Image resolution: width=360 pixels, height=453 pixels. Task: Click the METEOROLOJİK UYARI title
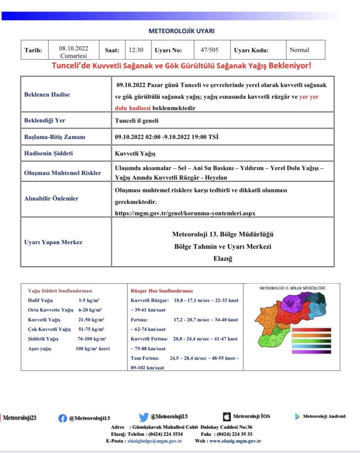coord(181,31)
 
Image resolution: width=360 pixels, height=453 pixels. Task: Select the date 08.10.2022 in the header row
coord(74,49)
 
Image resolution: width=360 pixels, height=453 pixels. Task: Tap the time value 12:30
coord(136,50)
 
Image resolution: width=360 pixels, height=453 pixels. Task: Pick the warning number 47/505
coord(209,50)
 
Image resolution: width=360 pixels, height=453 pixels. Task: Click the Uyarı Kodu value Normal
coord(299,50)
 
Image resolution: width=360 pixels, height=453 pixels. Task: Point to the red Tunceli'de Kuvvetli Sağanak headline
coord(182,66)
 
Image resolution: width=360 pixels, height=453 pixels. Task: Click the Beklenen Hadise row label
coord(47,94)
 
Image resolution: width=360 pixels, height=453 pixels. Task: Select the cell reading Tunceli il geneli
coord(136,120)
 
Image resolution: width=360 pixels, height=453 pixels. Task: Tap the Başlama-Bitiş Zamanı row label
coord(54,137)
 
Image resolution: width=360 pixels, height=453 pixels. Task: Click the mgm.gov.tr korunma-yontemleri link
coord(185,213)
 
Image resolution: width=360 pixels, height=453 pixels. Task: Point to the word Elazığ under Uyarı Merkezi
coord(223,259)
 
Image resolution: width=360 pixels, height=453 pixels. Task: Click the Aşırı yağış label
coord(39,349)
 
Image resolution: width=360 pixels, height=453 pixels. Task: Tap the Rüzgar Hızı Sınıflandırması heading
coord(162,291)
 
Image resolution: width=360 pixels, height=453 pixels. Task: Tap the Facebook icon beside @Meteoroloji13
coord(62,418)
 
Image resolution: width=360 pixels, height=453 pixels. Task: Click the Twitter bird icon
coord(143,417)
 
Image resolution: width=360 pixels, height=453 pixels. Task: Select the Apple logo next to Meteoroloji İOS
coord(226,416)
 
